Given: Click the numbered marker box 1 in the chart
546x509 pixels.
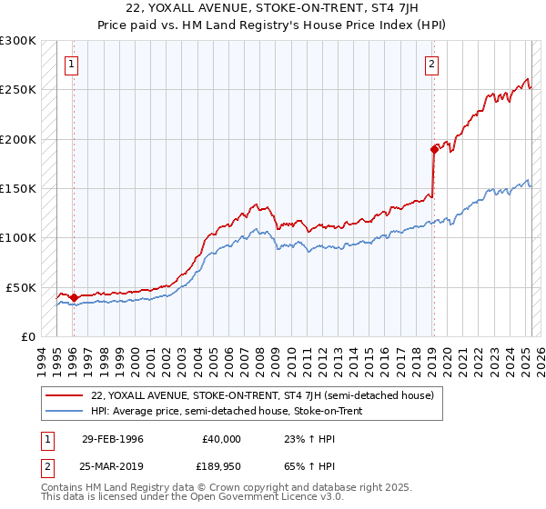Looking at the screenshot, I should pyautogui.click(x=71, y=64).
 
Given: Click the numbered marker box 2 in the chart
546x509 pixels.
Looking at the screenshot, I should pyautogui.click(x=431, y=64).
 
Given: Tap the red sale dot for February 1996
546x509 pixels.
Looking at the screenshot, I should pyautogui.click(x=74, y=297).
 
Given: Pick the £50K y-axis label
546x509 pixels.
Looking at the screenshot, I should pyautogui.click(x=21, y=287).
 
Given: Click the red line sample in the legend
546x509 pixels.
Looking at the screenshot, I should pyautogui.click(x=64, y=396).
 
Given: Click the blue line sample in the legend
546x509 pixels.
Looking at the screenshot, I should pyautogui.click(x=64, y=411).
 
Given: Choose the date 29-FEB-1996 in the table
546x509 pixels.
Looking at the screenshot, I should pyautogui.click(x=113, y=438).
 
